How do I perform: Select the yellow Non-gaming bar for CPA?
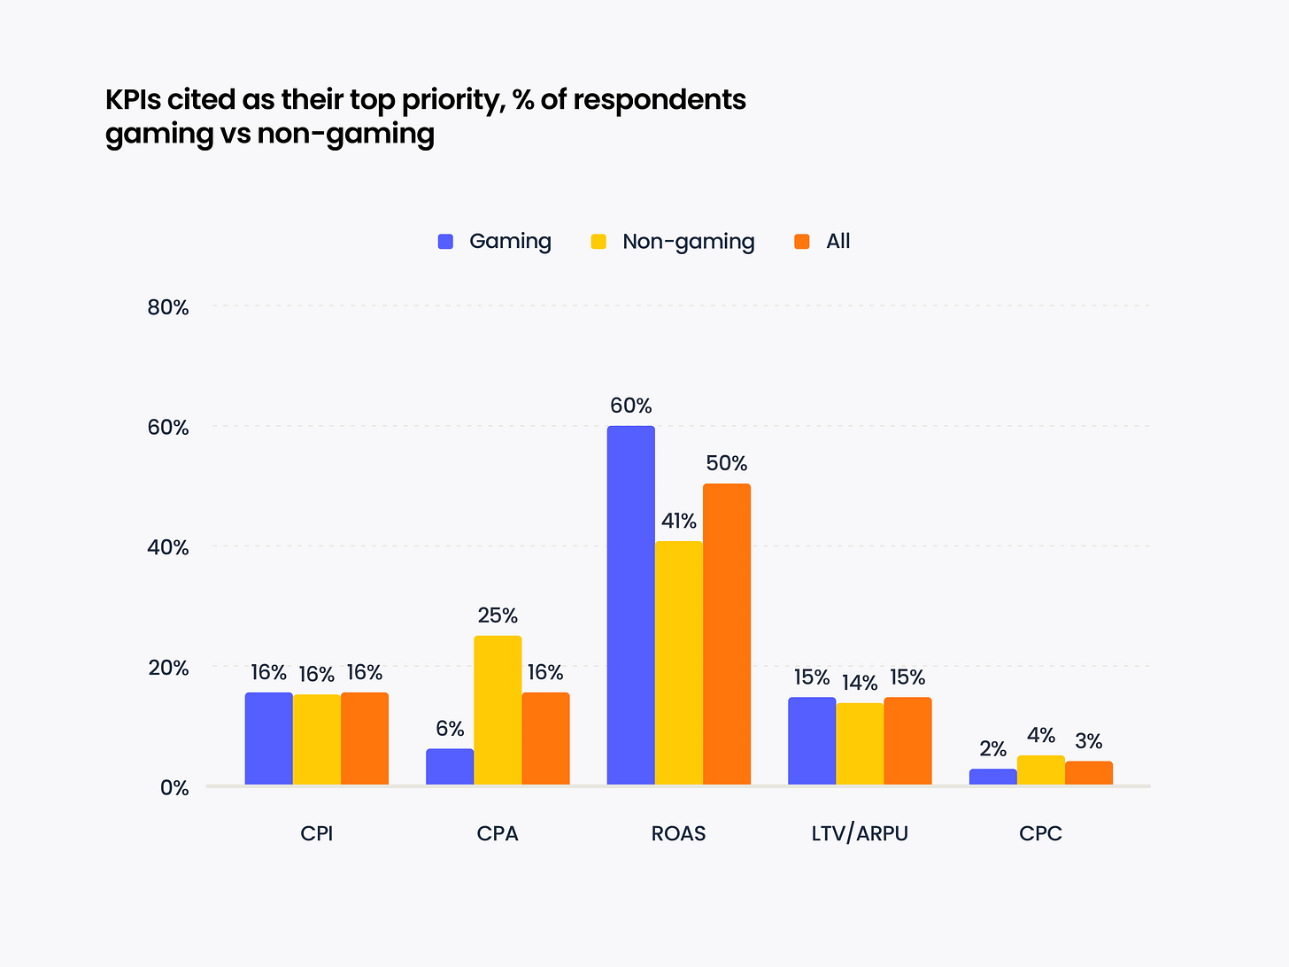pyautogui.click(x=498, y=709)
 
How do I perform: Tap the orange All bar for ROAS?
pyautogui.click(x=727, y=634)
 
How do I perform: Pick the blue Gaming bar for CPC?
pyautogui.click(x=992, y=777)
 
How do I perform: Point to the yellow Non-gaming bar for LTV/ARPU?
pyautogui.click(x=860, y=743)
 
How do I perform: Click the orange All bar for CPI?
pyautogui.click(x=365, y=738)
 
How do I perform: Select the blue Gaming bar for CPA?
pyautogui.click(x=450, y=766)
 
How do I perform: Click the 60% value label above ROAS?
pyautogui.click(x=630, y=406)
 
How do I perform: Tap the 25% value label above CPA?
pyautogui.click(x=498, y=615)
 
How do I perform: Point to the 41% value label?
pyautogui.click(x=679, y=521)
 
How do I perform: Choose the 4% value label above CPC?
pyautogui.click(x=1041, y=735)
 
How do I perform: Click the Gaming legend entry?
pyautogui.click(x=495, y=241)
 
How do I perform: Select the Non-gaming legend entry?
pyautogui.click(x=673, y=241)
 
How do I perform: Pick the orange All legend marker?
pyautogui.click(x=802, y=241)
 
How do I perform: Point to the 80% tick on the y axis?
pyautogui.click(x=168, y=307)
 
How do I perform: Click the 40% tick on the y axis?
pyautogui.click(x=168, y=547)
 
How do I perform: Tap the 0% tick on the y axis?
pyautogui.click(x=174, y=787)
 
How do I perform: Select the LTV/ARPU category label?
pyautogui.click(x=860, y=833)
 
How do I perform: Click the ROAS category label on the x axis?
pyautogui.click(x=679, y=833)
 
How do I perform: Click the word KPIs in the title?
pyautogui.click(x=133, y=99)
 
